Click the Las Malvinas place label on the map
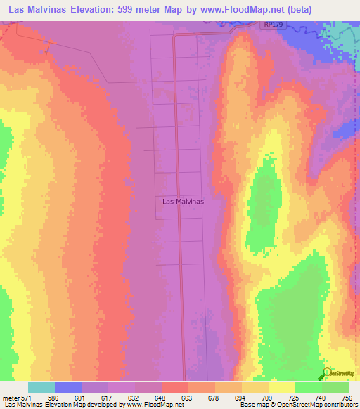pos(183,201)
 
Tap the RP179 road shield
pos(275,25)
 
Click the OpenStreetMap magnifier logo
pos(328,372)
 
